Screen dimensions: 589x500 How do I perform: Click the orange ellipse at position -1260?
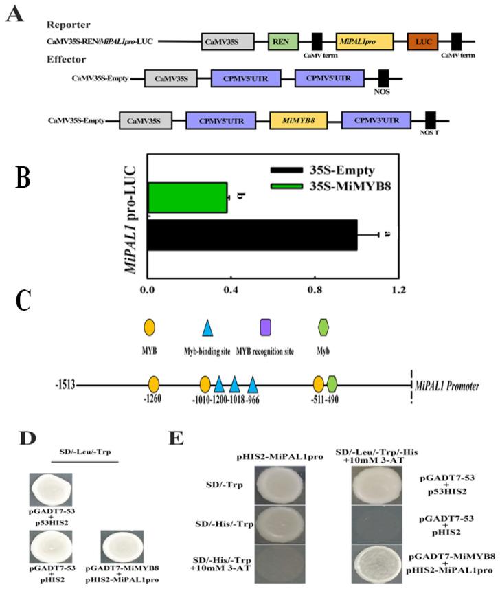(x=155, y=384)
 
